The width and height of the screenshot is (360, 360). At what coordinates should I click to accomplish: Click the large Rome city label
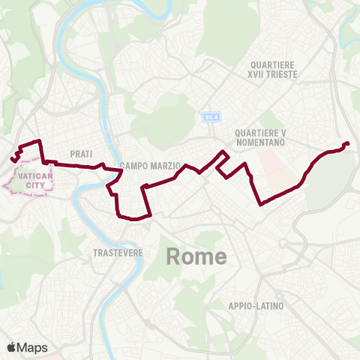196,257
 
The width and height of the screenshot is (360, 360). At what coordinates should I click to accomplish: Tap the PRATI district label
81,153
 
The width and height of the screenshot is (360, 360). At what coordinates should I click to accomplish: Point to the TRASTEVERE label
118,253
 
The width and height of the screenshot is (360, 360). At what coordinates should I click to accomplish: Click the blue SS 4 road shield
211,117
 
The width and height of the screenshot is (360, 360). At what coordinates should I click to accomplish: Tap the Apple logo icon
11,347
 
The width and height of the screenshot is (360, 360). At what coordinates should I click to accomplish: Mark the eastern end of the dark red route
346,143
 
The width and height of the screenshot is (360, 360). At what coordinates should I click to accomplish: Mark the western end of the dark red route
13,159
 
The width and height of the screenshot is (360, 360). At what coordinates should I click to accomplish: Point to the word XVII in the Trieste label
258,75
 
